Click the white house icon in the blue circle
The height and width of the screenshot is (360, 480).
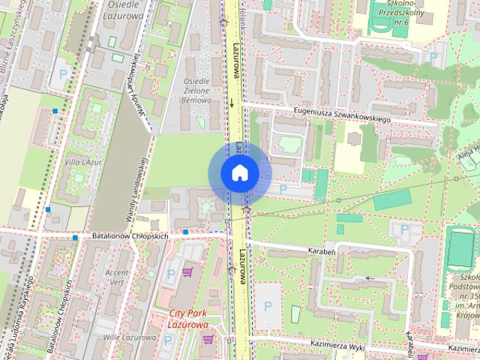[239, 173]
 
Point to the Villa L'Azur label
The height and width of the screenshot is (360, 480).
[84, 161]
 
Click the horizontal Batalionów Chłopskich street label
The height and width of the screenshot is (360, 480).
[130, 235]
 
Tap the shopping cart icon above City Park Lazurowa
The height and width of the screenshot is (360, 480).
[187, 271]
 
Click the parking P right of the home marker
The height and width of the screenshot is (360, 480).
[283, 190]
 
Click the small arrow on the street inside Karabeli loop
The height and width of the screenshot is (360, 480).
[367, 278]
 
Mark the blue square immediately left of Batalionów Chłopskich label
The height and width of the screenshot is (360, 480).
[75, 238]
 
